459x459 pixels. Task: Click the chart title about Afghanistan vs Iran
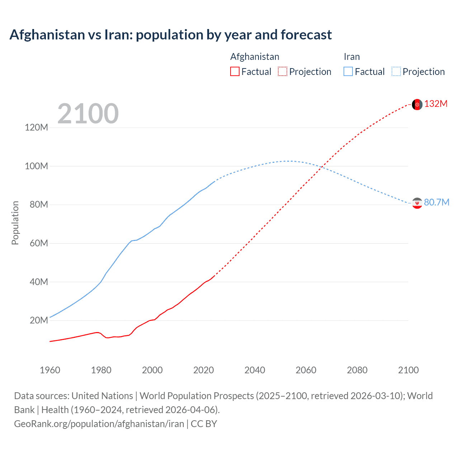point(171,35)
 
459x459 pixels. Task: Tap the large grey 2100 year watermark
point(88,114)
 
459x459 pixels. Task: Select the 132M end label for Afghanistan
point(436,104)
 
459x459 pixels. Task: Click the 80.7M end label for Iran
point(436,202)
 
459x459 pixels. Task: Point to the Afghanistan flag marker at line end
point(417,104)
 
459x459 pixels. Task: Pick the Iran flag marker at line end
point(417,203)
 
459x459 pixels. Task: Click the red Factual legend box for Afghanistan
point(235,71)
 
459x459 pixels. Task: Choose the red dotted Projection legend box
point(283,71)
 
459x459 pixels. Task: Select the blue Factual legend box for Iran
point(348,71)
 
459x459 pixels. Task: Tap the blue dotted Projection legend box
point(396,71)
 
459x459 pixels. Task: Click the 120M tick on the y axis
point(36,128)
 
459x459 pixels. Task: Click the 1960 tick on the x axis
point(50,370)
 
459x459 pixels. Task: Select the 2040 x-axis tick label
point(255,370)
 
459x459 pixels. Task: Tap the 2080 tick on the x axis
point(357,370)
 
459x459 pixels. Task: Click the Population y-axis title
point(15,223)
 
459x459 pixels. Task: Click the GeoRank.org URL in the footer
point(99,424)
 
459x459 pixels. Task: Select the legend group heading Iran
point(351,57)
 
